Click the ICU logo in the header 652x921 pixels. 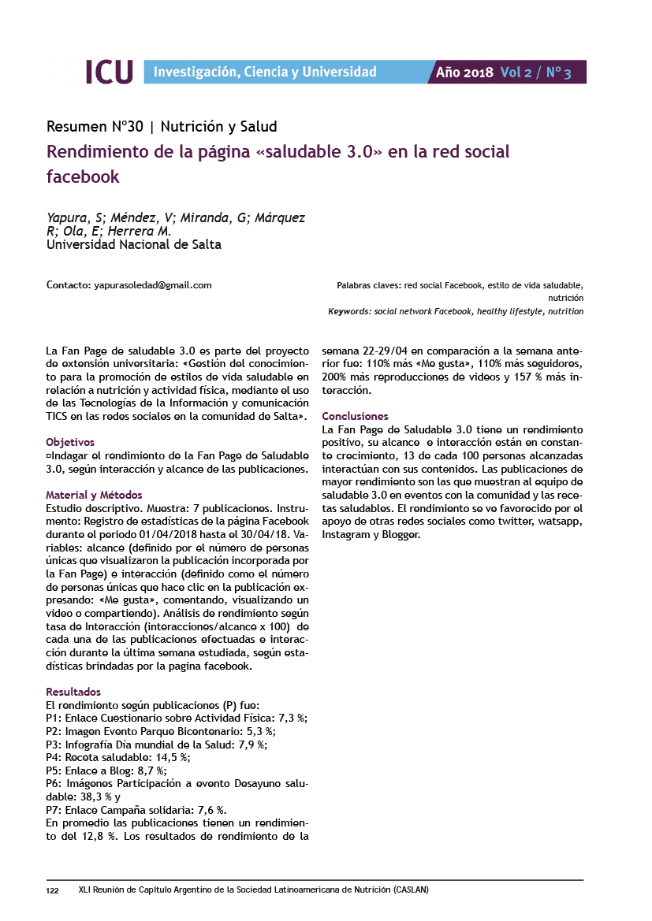point(109,72)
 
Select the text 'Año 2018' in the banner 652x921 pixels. point(464,72)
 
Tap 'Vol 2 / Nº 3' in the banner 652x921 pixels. point(535,72)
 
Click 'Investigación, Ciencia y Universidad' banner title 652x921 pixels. point(265,72)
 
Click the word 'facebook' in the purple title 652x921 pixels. point(83,176)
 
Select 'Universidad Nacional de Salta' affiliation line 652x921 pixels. point(134,244)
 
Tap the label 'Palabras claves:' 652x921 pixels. point(369,285)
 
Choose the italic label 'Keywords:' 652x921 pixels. point(350,311)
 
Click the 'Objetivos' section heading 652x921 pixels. point(70,442)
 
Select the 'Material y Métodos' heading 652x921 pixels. point(94,496)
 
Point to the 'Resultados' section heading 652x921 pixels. point(73,692)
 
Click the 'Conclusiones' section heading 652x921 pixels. point(356,416)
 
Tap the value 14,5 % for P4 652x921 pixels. point(172,757)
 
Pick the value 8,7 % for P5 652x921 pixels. point(149,771)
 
